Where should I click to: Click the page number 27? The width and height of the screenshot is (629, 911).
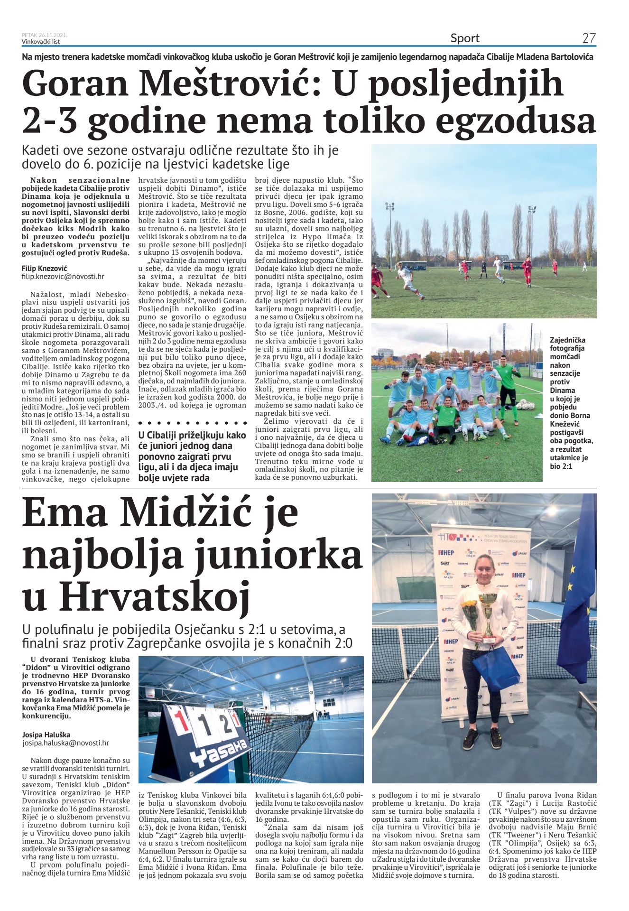tap(589, 38)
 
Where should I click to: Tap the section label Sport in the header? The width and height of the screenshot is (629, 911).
tap(464, 38)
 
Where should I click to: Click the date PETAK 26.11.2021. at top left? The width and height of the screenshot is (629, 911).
tap(44, 35)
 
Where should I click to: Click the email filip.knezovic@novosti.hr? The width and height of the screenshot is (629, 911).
tap(63, 276)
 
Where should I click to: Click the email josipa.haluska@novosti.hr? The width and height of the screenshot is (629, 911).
tap(65, 744)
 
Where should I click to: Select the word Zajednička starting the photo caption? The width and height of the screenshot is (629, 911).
tap(567, 340)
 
